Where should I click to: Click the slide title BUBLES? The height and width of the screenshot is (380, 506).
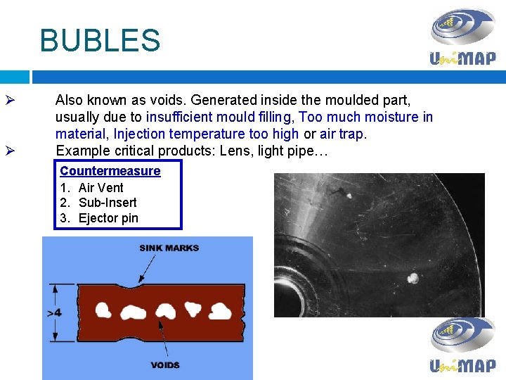point(100,40)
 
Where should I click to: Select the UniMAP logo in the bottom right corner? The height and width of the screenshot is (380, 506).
point(462,344)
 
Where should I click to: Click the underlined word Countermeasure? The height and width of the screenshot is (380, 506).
point(110,171)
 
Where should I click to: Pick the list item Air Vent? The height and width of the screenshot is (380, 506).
point(100,187)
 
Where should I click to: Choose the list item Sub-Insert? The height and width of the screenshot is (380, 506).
point(108,203)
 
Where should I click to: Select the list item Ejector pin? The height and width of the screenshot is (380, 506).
point(108,218)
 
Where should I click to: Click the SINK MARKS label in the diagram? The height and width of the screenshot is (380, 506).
point(169,248)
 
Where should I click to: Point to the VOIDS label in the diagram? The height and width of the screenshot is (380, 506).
point(165,365)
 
